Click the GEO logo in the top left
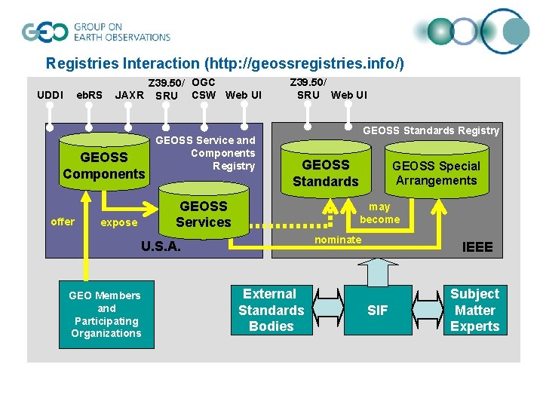coord(46,32)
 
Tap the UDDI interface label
coord(50,95)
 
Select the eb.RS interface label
coord(90,95)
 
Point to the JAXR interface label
coord(128,96)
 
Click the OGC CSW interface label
coord(204,88)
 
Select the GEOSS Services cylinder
coord(203,214)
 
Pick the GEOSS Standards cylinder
coord(325,173)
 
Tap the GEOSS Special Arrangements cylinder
coord(436,173)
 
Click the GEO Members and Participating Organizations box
coord(106,314)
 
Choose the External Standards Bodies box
coord(271,310)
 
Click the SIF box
coord(377,310)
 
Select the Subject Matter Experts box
coord(474,310)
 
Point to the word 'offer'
coord(63,222)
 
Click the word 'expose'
coord(119,222)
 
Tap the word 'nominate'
coord(338,240)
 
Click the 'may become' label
coord(379,213)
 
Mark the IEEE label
coord(477,247)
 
